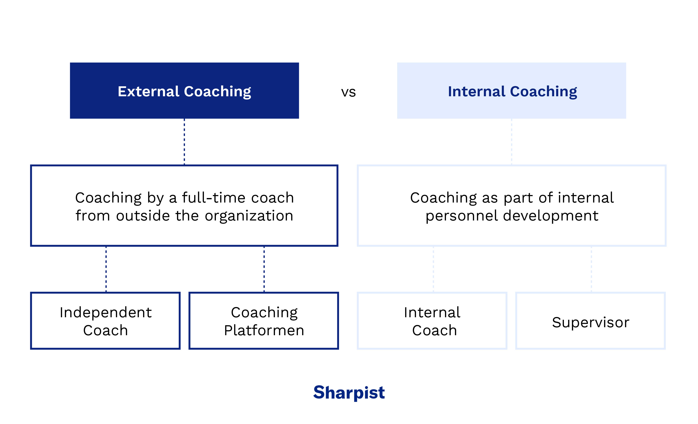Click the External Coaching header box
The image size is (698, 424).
184,91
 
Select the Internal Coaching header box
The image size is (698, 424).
512,91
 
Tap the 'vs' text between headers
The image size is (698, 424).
349,92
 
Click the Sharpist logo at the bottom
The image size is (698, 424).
349,393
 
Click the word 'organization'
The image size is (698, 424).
249,216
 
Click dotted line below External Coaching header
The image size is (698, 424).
184,142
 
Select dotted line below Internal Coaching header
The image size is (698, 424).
512,142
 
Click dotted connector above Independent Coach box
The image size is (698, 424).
106,269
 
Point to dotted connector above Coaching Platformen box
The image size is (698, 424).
264,269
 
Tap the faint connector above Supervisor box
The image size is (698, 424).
591,269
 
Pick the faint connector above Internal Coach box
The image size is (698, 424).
434,269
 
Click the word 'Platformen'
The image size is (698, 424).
264,331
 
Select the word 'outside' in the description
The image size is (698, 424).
143,216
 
